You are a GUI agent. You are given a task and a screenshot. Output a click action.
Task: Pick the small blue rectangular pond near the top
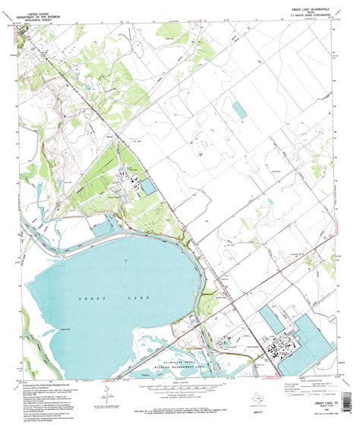(239, 110)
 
